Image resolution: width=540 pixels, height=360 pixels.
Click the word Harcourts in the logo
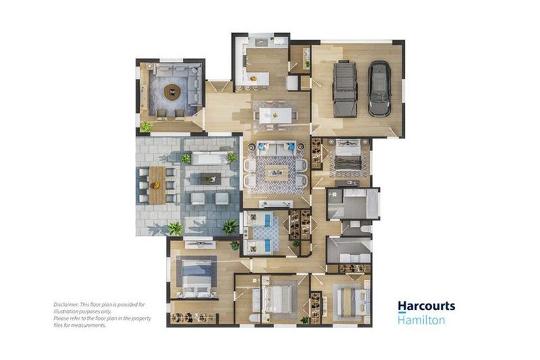click(426, 306)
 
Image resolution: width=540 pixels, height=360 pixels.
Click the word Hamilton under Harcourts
click(421, 320)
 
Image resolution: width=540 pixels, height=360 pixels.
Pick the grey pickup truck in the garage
click(345, 89)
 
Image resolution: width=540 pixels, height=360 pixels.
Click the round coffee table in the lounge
click(172, 91)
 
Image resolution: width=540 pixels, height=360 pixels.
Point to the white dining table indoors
click(275, 115)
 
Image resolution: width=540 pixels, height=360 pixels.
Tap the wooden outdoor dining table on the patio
click(156, 185)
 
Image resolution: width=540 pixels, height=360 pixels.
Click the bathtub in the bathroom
click(353, 204)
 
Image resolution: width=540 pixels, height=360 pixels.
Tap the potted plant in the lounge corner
click(146, 127)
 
